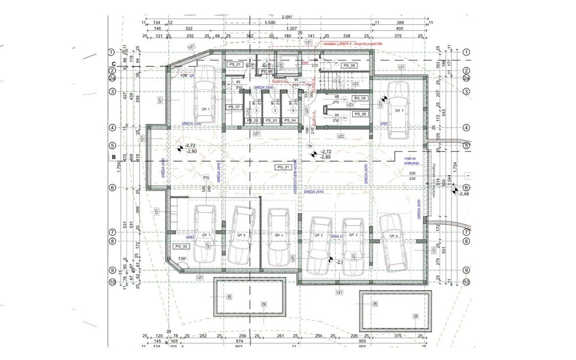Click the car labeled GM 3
pos(353,237)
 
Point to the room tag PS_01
pos(235,65)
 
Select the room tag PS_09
pos(349,66)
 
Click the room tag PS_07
pos(234,107)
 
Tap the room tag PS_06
pos(360,114)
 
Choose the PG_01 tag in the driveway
pos(283,167)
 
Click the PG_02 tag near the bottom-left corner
pos(181,246)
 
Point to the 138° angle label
pos(182,259)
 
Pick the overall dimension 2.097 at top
pos(288,17)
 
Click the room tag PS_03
pos(271,120)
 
